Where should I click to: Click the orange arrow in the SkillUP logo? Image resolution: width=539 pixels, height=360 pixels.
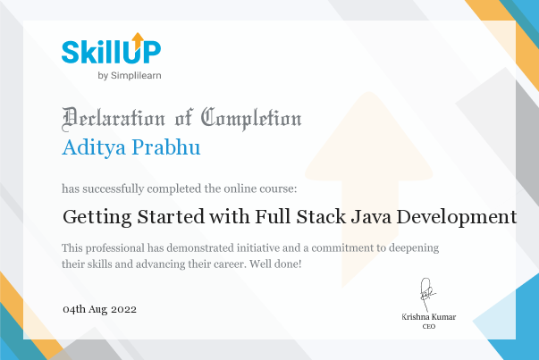138,40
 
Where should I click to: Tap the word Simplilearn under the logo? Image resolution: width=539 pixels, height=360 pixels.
136,76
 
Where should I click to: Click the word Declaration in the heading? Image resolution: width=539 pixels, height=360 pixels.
114,119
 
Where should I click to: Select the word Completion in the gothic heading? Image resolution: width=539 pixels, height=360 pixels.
251,119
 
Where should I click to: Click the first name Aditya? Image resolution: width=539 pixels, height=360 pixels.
94,147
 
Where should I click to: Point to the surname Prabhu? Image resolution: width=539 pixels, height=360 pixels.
166,147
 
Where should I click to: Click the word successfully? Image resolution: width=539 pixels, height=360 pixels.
114,188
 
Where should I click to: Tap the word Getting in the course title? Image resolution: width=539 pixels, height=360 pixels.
97,217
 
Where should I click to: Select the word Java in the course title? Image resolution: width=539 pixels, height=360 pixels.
371,216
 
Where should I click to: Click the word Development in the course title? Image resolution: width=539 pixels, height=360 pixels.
457,217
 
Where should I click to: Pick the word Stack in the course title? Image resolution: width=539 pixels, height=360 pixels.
321,216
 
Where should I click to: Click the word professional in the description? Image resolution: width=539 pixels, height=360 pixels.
115,248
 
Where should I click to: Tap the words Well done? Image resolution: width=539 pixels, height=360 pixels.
275,264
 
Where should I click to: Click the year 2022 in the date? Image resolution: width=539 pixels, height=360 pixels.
123,309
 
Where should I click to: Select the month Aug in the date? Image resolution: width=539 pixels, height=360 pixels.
98,310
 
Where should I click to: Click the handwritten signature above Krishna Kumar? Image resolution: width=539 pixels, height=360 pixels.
427,295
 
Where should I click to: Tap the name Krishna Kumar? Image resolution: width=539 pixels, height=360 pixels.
429,317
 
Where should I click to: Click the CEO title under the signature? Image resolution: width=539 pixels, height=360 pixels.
429,326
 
